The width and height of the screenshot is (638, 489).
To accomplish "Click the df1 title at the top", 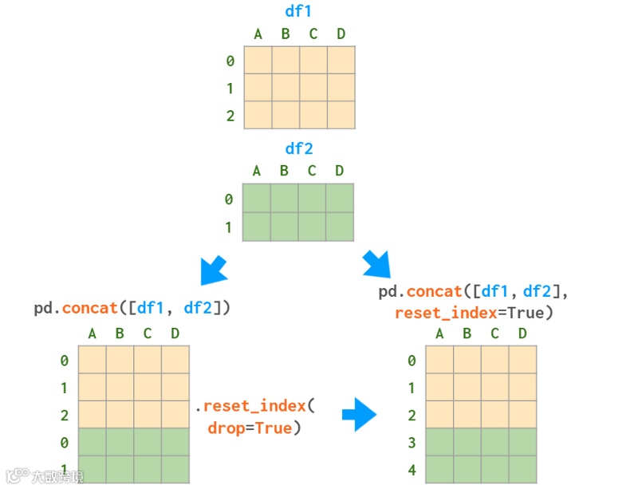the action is pyautogui.click(x=299, y=12).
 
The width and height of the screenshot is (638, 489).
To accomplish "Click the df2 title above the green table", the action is pyautogui.click(x=299, y=149).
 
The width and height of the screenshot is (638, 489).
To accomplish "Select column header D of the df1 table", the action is pyautogui.click(x=341, y=34).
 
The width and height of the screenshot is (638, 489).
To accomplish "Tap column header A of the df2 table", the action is pyautogui.click(x=257, y=171).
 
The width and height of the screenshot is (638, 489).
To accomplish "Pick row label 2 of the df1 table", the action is pyautogui.click(x=230, y=116).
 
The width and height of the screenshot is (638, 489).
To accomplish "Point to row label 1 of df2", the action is pyautogui.click(x=228, y=227).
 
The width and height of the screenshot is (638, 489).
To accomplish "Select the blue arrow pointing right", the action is pyautogui.click(x=359, y=415).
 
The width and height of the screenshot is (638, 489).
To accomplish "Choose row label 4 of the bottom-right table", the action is pyautogui.click(x=412, y=470).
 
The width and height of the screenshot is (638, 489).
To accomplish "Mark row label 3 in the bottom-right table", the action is pyautogui.click(x=412, y=443).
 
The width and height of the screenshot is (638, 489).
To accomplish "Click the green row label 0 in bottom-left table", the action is pyautogui.click(x=64, y=443).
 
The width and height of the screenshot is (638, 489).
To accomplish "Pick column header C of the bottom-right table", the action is pyautogui.click(x=494, y=333).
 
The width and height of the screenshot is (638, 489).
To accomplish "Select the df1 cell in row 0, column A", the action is pyautogui.click(x=258, y=60).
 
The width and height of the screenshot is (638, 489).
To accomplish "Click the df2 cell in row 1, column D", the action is pyautogui.click(x=340, y=227).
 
